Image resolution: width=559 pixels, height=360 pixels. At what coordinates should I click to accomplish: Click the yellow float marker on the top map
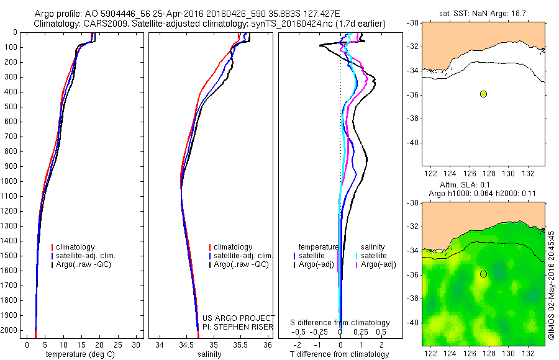(x=483, y=94)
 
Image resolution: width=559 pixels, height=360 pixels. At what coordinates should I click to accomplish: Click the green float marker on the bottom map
(x=483, y=274)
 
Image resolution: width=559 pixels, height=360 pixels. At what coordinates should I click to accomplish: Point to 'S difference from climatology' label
(x=340, y=323)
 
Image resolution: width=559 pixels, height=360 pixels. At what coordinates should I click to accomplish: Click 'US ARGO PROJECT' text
(x=239, y=318)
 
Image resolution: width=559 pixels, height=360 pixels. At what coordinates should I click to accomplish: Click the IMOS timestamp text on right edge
(x=552, y=286)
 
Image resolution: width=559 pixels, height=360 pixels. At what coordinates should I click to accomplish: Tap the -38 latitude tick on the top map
(x=412, y=119)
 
